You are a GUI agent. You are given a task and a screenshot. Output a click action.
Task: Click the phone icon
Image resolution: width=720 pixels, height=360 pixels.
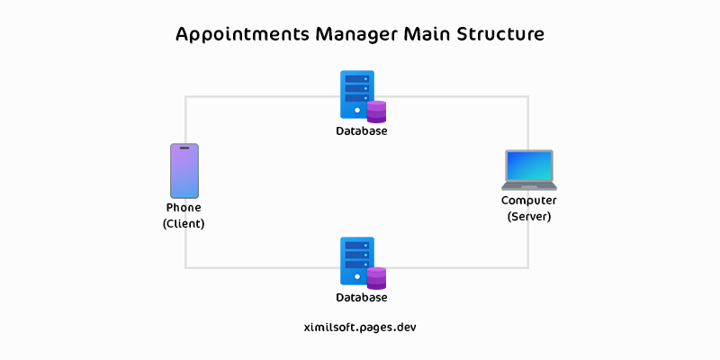184,171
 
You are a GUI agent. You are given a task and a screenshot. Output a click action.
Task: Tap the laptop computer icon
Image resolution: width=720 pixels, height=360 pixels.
528,170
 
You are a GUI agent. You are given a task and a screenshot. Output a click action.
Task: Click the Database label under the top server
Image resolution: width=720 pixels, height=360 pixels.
362,131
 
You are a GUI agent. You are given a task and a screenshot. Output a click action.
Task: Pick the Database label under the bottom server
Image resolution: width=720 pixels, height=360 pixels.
362,298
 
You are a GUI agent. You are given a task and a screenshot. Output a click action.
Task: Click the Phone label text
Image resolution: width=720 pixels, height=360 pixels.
184,208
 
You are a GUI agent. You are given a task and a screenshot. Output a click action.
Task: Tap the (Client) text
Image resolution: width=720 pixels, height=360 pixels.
184,224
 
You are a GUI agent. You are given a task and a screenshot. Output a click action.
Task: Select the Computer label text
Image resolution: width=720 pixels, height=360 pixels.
528,201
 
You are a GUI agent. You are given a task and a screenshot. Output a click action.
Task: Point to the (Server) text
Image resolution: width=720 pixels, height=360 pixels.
528,217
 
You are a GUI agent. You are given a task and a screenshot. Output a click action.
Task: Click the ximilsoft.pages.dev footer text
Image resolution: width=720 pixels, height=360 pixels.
361,328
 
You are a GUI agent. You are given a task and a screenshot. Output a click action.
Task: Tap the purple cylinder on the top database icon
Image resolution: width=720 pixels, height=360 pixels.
376,112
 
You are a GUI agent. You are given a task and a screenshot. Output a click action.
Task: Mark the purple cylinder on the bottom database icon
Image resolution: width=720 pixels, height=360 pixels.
376,278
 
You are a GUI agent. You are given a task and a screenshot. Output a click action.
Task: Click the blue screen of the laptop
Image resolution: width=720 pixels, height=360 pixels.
528,166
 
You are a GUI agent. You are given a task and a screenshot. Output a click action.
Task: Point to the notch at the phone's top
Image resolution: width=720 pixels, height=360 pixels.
184,148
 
